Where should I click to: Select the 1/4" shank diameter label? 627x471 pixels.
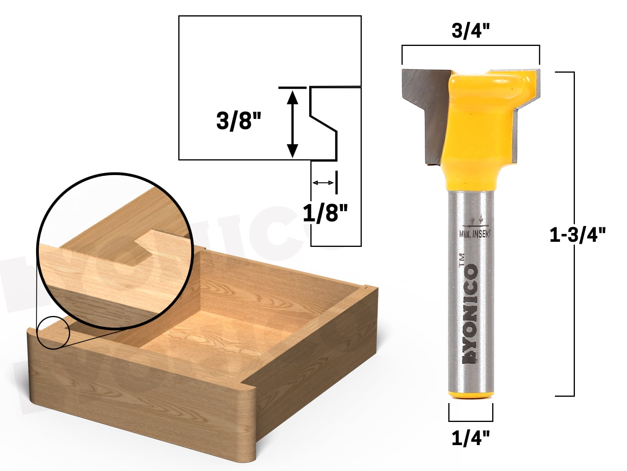click(x=471, y=438)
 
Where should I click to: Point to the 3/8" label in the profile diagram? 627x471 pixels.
click(x=238, y=121)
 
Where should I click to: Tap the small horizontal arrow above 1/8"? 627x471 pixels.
click(x=323, y=183)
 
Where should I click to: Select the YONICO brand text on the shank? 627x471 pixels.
click(x=471, y=314)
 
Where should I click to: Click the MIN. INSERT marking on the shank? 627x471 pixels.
click(x=475, y=234)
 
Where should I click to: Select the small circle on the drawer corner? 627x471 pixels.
click(x=53, y=333)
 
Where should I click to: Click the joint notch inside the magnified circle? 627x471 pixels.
click(x=145, y=247)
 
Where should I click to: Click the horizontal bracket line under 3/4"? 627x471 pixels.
click(x=471, y=46)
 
